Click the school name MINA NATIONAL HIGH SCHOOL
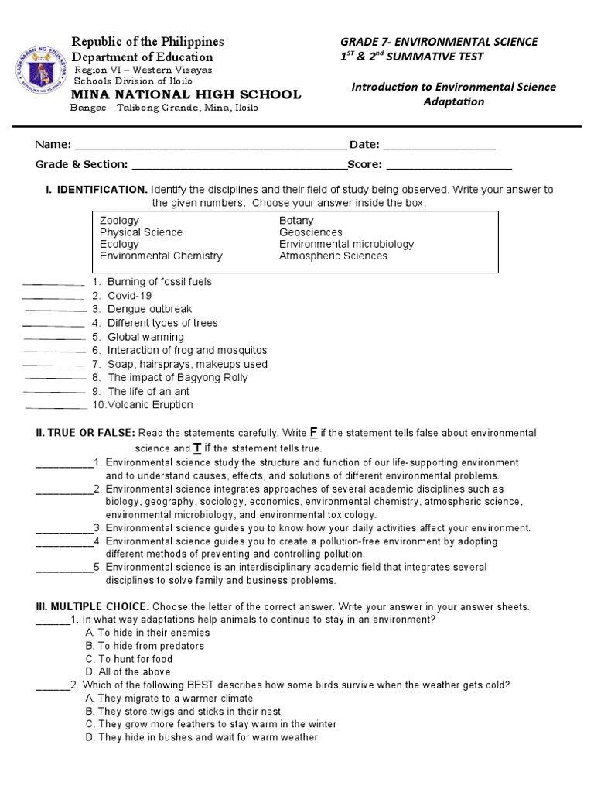pos(186,94)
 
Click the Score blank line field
pos(449,164)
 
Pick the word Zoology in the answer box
pos(119,221)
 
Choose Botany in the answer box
pos(296,221)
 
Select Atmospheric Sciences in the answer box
pos(333,256)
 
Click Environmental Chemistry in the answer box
pos(161,256)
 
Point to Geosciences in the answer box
pos(310,232)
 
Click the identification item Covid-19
pos(129,296)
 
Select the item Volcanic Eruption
pos(143,405)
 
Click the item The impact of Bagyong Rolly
pos(177,378)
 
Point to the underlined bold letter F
pos(314,432)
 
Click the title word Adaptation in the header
pos(453,101)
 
